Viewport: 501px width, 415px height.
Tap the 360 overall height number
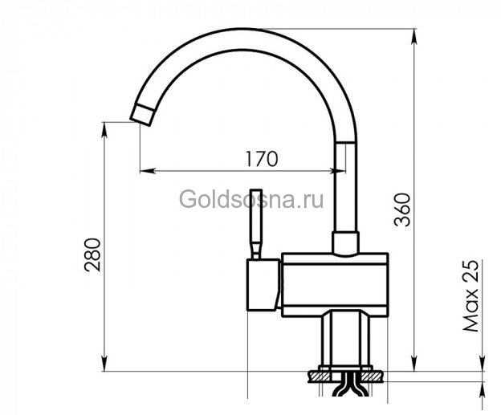[403, 210]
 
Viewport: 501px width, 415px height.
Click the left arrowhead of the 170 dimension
[145, 170]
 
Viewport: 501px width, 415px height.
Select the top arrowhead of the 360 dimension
[414, 35]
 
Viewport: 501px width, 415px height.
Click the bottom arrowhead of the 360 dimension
[414, 364]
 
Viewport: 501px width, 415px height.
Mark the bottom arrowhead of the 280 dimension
[106, 364]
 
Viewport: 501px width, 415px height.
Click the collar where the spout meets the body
[348, 242]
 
